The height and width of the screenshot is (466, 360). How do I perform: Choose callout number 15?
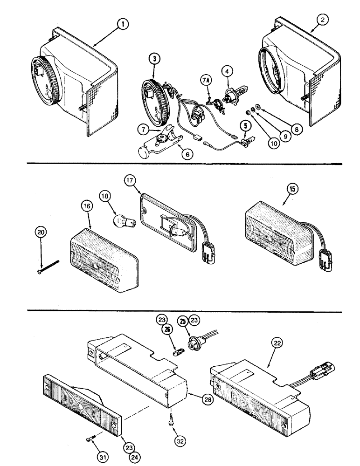(293, 189)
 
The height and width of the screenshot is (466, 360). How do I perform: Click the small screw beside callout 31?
(91, 437)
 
